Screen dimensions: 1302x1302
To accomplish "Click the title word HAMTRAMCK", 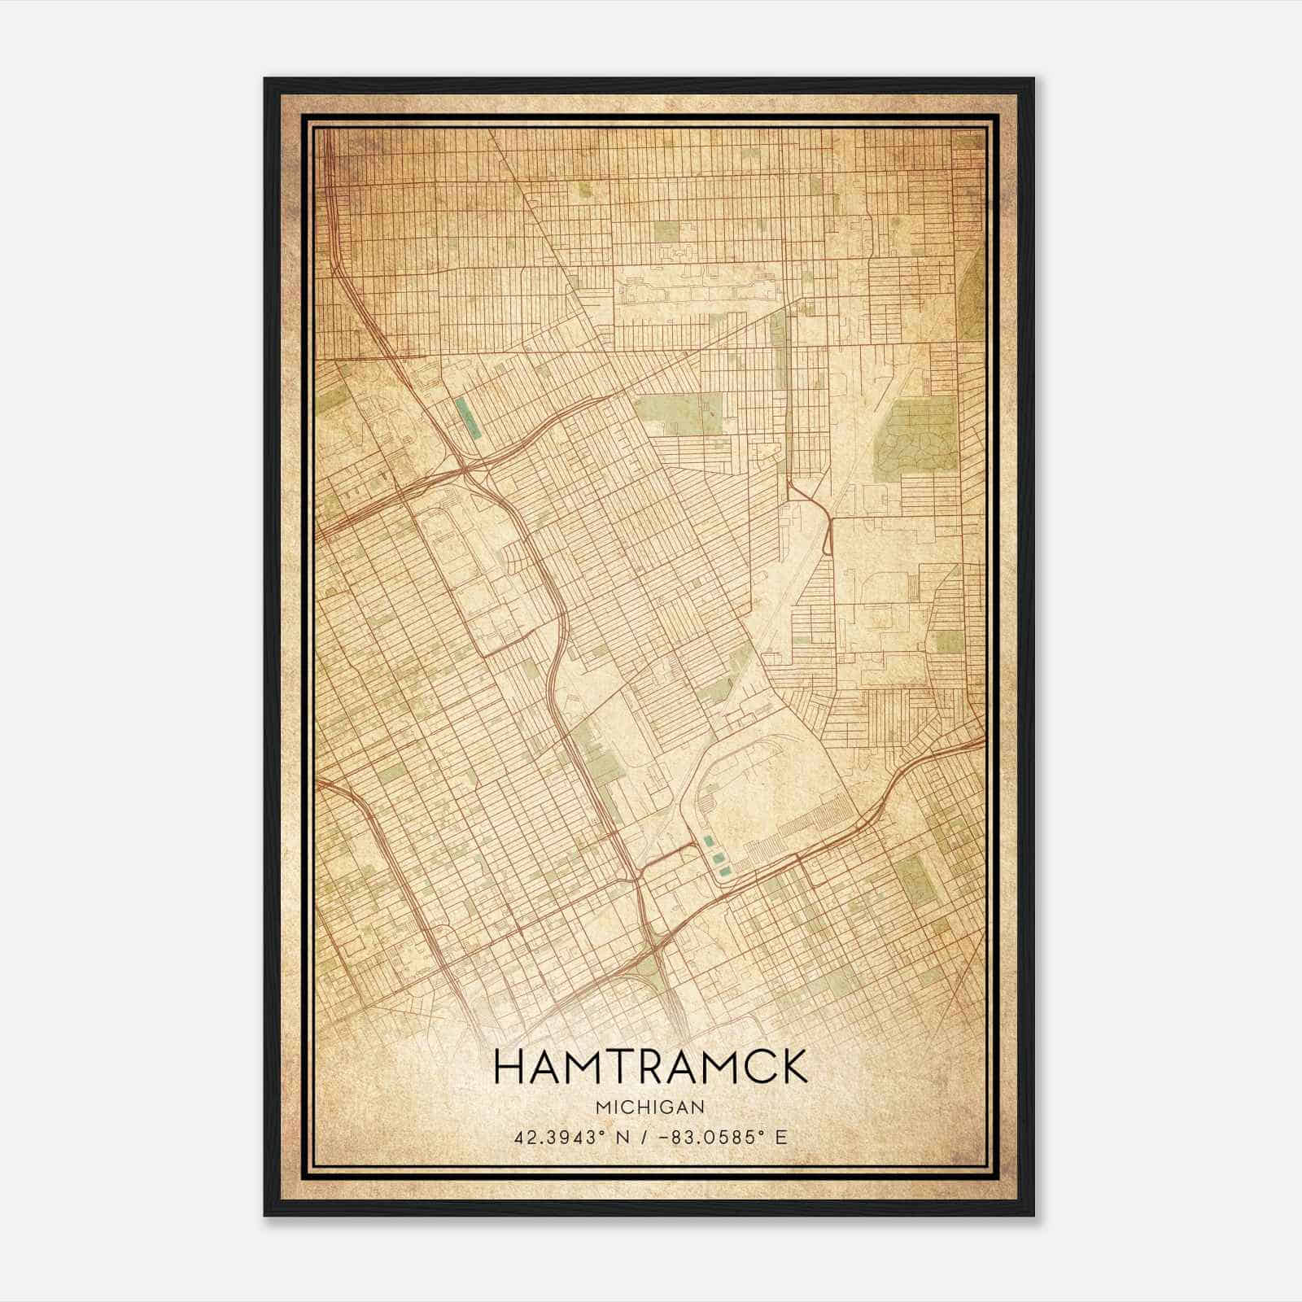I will pos(650,1067).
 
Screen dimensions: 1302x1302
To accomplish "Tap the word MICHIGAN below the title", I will pos(650,1107).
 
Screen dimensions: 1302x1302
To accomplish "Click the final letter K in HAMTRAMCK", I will pos(793,1067).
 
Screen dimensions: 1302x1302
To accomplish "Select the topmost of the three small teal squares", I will pos(707,841).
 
